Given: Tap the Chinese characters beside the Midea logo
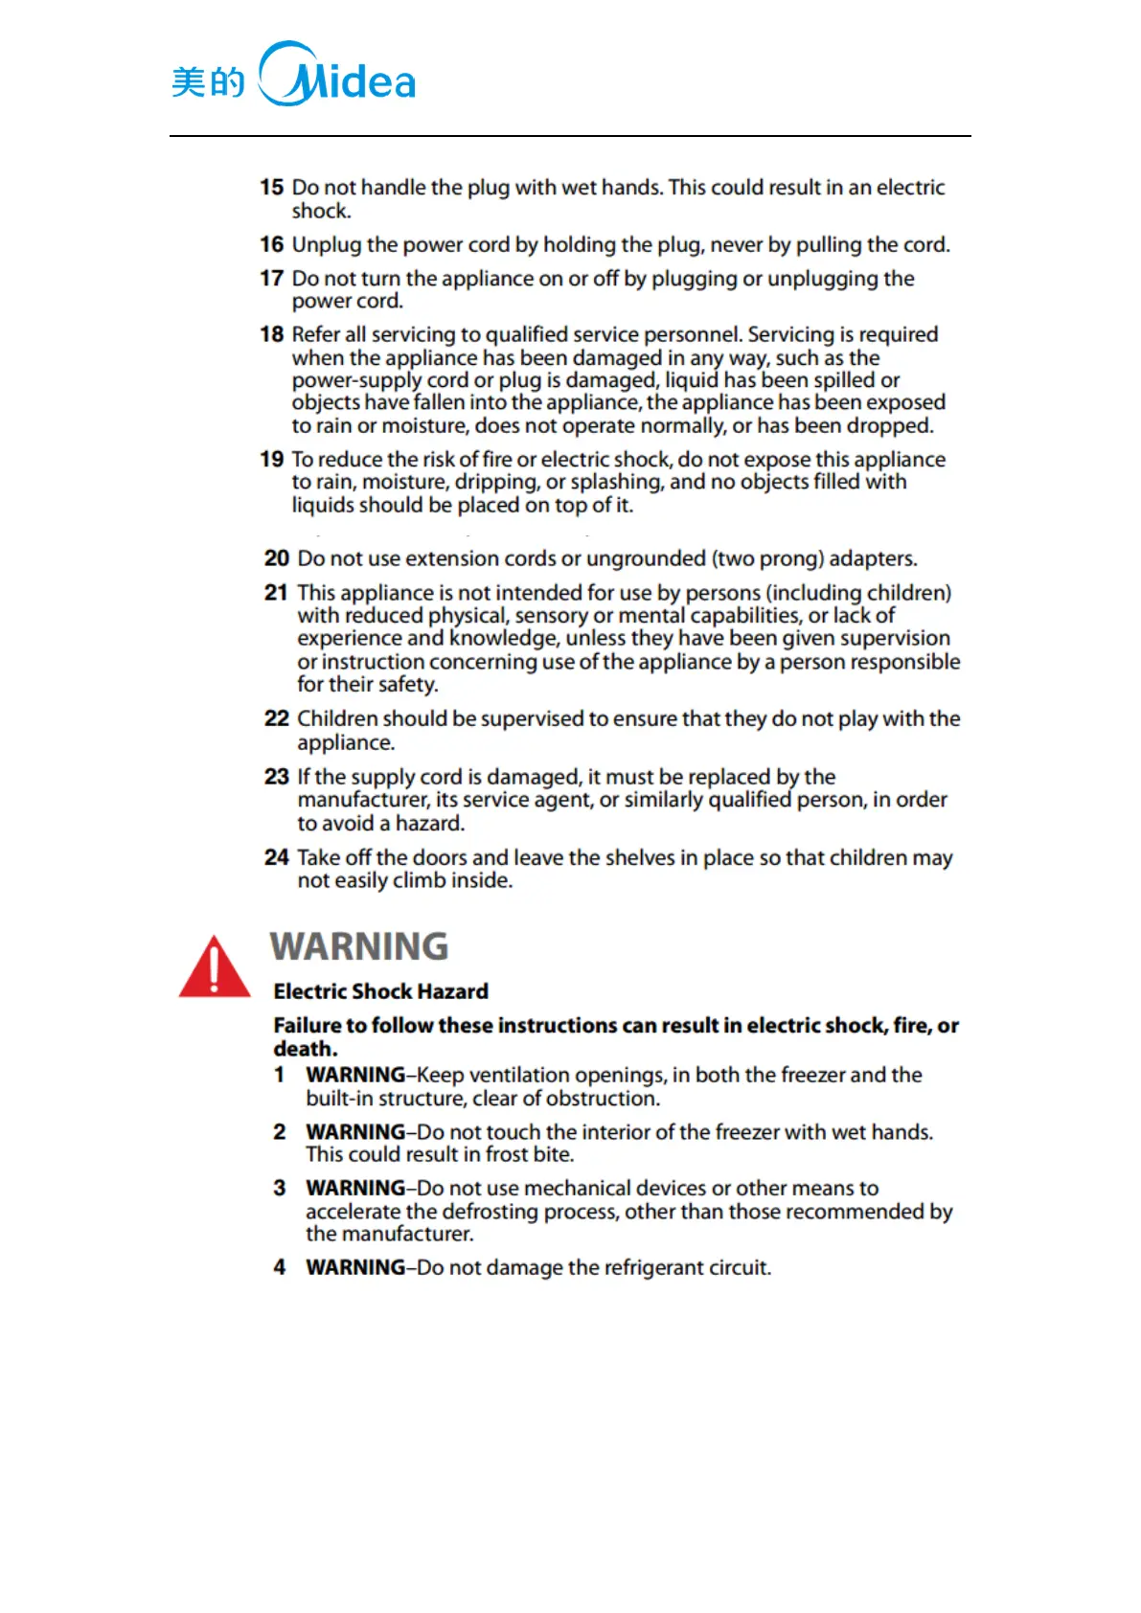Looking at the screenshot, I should [x=208, y=82].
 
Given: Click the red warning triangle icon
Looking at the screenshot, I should [x=215, y=967].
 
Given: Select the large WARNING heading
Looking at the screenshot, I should [x=359, y=946].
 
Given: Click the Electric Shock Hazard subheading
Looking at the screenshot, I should [x=380, y=991].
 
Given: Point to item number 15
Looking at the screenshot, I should [x=272, y=188].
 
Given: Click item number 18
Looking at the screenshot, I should [x=272, y=334].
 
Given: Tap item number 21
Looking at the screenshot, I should [x=276, y=593].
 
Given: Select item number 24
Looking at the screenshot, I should [x=276, y=857].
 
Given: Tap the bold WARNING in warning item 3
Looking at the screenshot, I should [x=355, y=1188].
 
